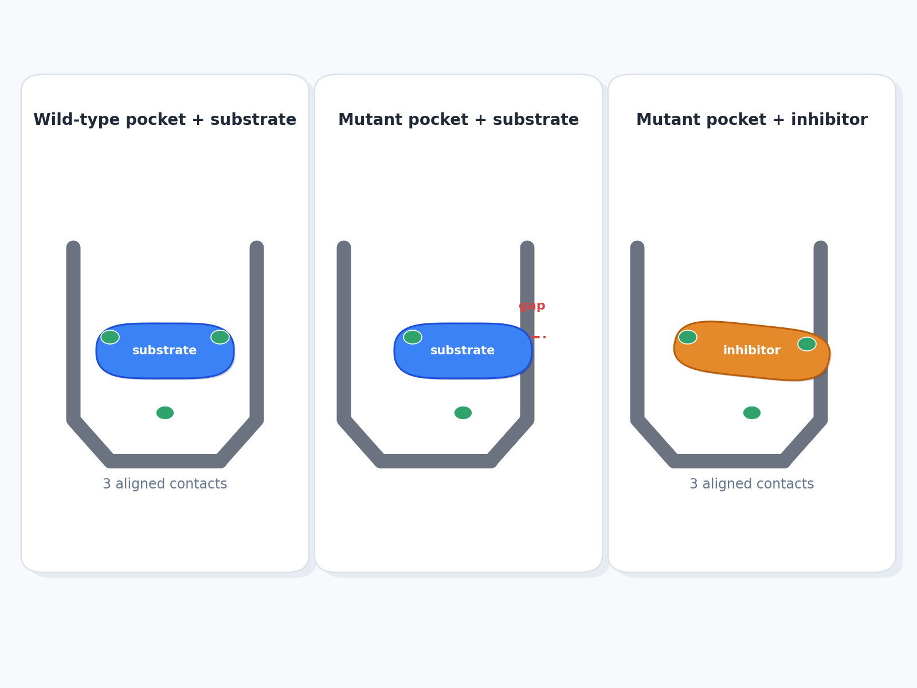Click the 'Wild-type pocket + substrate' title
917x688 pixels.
164,120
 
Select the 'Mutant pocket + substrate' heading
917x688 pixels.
458,120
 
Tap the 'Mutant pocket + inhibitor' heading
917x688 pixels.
751,120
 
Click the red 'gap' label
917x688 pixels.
532,306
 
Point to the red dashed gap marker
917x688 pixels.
538,337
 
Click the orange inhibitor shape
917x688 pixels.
751,351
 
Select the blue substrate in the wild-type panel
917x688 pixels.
165,351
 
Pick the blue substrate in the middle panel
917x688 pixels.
463,351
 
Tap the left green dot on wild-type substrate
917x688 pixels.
110,337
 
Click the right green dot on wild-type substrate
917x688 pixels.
220,337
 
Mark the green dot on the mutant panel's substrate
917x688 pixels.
413,337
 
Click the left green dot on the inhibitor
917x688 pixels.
688,337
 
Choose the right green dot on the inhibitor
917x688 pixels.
807,344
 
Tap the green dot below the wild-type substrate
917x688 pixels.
165,413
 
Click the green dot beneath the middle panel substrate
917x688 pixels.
463,413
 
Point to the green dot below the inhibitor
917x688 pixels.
752,413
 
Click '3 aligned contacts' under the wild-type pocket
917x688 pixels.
165,484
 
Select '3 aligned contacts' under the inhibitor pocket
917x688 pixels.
751,484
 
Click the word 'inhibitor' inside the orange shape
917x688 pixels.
751,350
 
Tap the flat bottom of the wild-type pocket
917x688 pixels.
165,461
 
